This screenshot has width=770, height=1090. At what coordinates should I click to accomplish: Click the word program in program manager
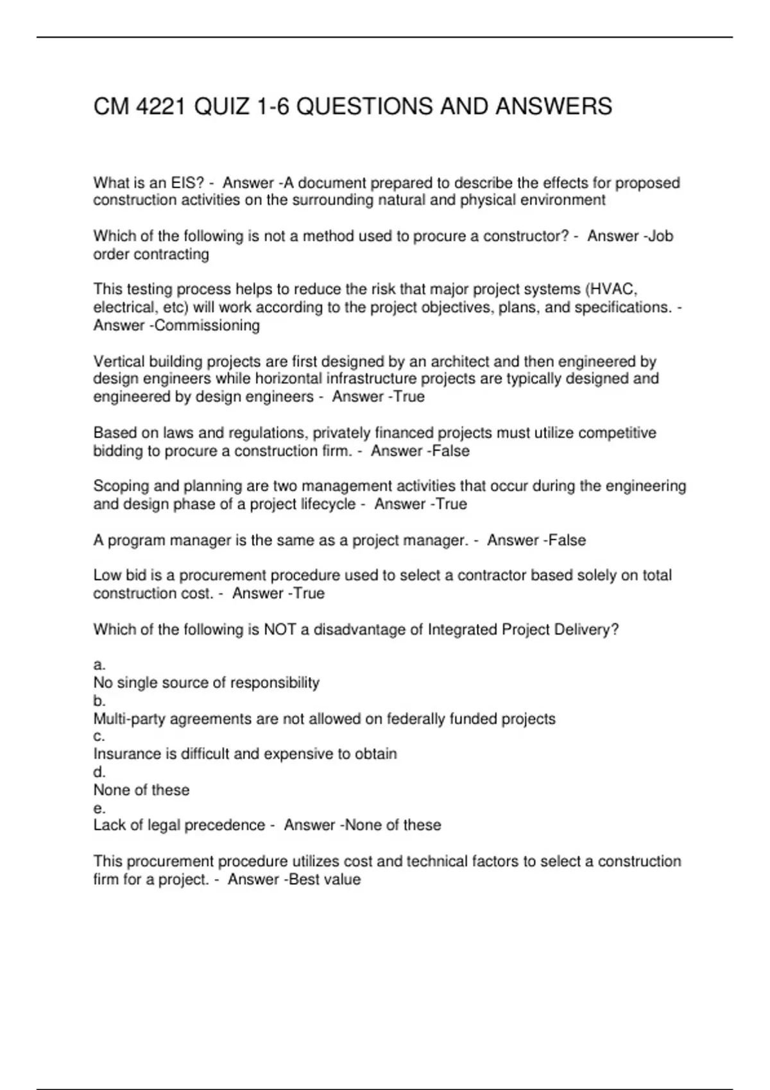pos(135,541)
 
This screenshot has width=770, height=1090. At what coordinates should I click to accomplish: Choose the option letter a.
pos(99,665)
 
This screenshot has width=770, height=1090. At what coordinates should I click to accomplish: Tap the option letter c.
pos(99,736)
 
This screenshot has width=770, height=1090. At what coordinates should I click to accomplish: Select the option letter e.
pos(99,808)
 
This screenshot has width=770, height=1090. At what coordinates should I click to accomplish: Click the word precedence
pos(228,825)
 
